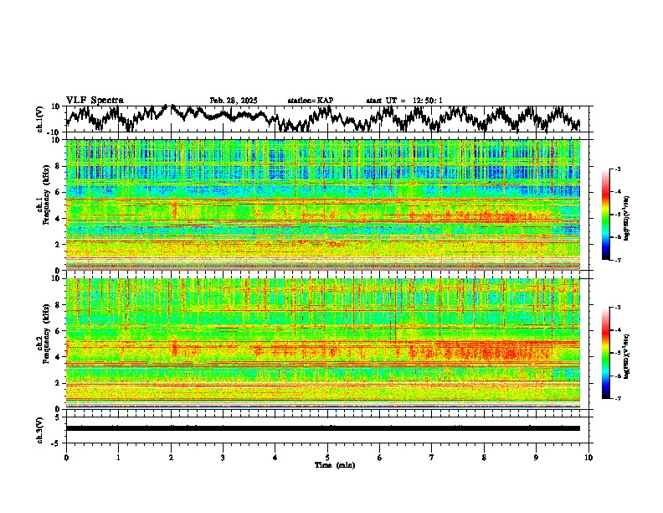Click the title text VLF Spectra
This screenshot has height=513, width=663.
coord(95,101)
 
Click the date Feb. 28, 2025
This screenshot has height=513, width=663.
coord(234,101)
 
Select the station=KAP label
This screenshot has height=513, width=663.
coord(311,101)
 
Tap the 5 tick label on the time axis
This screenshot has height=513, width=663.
coord(327,458)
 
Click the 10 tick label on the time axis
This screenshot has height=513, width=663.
coord(588,458)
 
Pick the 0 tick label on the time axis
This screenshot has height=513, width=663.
coord(66,458)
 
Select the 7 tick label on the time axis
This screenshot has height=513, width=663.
coord(432,458)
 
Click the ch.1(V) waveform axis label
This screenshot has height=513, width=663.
coord(40,119)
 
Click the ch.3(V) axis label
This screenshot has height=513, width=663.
coord(40,427)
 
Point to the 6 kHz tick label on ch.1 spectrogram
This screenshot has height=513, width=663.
coord(58,193)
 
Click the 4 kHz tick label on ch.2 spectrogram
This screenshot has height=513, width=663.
coord(58,357)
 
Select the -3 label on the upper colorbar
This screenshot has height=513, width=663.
coord(617,169)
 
